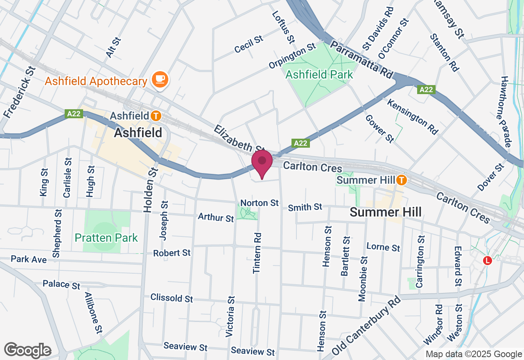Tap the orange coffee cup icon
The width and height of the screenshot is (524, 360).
(x=160, y=79)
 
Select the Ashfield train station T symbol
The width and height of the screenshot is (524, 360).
(x=156, y=116)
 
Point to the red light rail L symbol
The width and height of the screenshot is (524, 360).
(x=487, y=260)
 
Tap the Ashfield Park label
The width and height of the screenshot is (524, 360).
(x=319, y=75)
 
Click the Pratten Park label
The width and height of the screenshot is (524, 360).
(x=106, y=238)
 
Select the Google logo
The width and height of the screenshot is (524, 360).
(x=27, y=350)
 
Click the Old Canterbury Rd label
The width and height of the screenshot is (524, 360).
(x=366, y=326)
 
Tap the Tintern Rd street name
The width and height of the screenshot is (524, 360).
(x=257, y=253)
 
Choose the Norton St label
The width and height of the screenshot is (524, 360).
(x=260, y=203)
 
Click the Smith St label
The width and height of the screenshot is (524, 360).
(x=305, y=207)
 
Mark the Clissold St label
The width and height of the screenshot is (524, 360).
(x=172, y=297)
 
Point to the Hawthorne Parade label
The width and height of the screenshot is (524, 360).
(x=506, y=112)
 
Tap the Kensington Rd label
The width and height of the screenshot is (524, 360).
(x=412, y=117)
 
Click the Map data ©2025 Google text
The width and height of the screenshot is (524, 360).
(x=473, y=354)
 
